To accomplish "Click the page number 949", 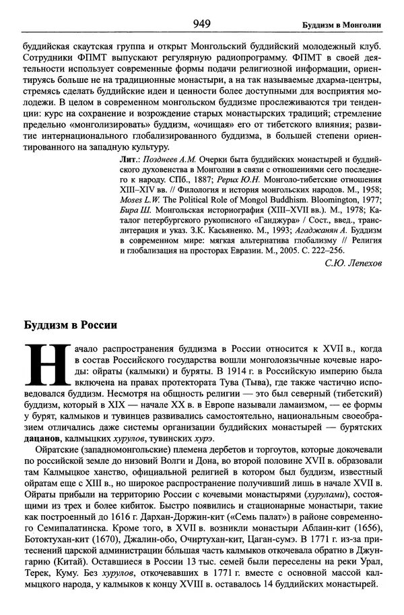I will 201,24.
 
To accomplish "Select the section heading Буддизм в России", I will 71,324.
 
